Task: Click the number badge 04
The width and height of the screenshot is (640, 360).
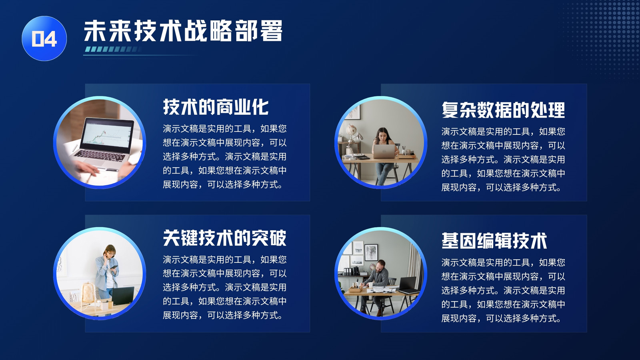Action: tap(44, 38)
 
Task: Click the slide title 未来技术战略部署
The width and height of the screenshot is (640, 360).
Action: tap(183, 31)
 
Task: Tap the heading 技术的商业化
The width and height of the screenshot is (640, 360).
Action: tap(216, 107)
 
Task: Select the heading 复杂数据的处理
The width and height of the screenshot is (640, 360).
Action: tap(503, 110)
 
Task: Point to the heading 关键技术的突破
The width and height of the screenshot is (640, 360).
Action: tap(224, 238)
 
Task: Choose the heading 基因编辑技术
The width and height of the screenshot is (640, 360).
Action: tap(494, 241)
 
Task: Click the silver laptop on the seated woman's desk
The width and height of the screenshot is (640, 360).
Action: tap(384, 151)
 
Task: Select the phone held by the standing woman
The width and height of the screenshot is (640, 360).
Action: tap(114, 267)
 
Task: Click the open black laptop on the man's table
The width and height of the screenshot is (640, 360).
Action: tap(408, 285)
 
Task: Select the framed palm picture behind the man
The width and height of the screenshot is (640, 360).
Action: tap(371, 252)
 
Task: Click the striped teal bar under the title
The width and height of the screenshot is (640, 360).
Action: tap(113, 49)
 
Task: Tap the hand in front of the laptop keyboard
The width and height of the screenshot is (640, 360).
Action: tap(86, 168)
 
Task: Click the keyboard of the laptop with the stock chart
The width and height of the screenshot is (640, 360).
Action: tap(100, 156)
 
